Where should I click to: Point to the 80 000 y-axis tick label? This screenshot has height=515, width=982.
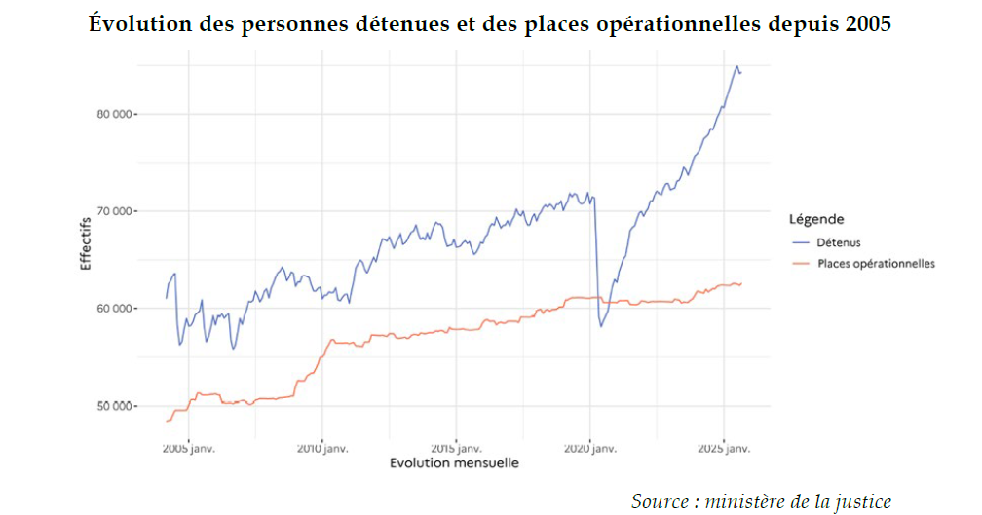(116, 114)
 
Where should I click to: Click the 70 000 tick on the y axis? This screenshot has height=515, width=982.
(116, 211)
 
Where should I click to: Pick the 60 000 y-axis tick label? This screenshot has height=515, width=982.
(116, 309)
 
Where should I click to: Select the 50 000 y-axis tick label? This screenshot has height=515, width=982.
(116, 405)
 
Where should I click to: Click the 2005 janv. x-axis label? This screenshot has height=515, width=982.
(188, 448)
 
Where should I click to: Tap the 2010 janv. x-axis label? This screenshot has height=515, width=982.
(322, 448)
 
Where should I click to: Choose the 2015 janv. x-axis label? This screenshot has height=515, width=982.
(456, 448)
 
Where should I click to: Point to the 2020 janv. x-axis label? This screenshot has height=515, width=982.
(589, 448)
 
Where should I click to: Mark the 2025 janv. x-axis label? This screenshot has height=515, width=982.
(723, 448)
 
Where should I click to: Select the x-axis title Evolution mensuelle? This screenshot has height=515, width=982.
(454, 463)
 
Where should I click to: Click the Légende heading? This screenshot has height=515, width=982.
(815, 219)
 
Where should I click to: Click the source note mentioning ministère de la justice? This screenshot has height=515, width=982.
(761, 501)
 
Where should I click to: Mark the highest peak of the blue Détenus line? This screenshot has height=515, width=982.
(736, 66)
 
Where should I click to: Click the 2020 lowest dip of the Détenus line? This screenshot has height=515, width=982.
(601, 326)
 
